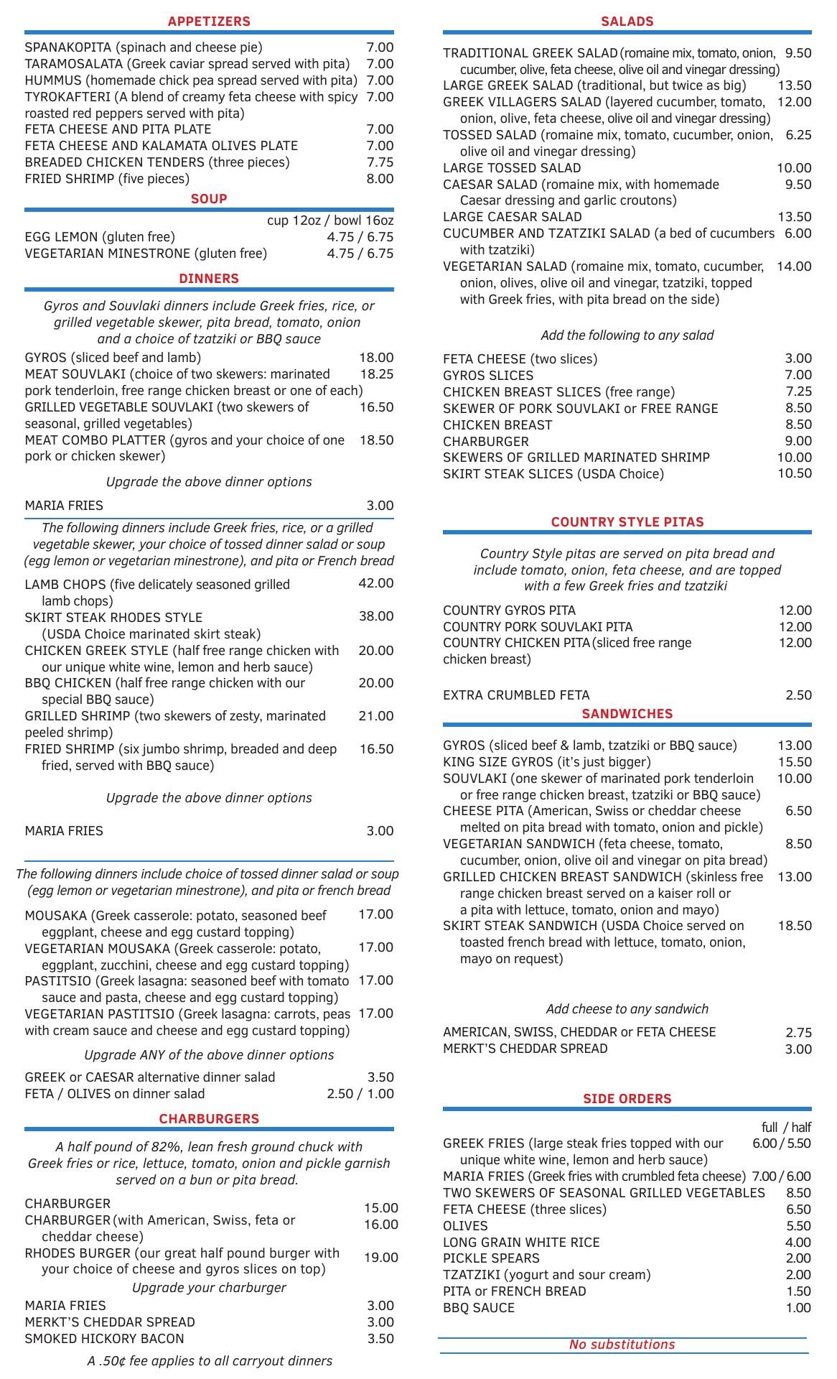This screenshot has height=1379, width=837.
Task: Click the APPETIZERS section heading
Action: click(209, 22)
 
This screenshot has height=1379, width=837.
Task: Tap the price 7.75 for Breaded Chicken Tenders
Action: click(380, 162)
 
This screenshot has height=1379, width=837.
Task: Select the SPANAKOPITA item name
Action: click(68, 47)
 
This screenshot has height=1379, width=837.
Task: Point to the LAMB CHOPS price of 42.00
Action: click(376, 583)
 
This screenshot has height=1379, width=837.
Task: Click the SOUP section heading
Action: click(209, 199)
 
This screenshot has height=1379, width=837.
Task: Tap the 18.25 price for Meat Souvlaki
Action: click(376, 374)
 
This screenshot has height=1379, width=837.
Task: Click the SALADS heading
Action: click(627, 22)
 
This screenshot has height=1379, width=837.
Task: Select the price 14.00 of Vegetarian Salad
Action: click(794, 266)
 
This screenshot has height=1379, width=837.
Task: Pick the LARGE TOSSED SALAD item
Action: click(512, 168)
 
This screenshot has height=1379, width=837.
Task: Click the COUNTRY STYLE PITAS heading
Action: click(627, 522)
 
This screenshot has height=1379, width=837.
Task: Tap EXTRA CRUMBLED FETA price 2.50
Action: click(798, 695)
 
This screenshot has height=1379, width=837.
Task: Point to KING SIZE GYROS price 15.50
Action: click(795, 762)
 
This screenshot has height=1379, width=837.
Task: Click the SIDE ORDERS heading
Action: click(627, 1099)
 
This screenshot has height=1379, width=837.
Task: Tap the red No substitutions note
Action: click(622, 1345)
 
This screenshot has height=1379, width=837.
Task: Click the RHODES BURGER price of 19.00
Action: click(380, 1258)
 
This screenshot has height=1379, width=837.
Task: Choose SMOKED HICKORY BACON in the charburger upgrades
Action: click(104, 1339)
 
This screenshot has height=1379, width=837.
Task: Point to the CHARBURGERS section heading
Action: click(209, 1119)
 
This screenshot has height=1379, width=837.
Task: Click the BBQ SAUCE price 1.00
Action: click(798, 1308)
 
